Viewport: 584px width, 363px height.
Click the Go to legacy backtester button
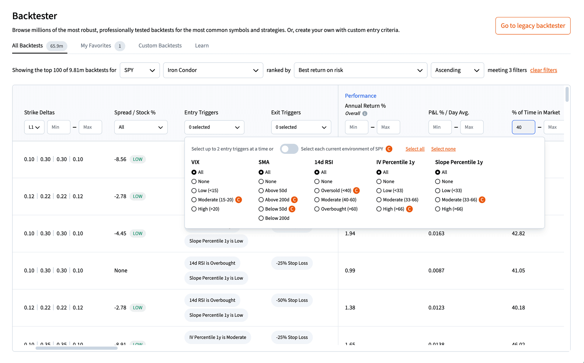533,26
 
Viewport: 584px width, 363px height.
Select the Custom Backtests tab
160,46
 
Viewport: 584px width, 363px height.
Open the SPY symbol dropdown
140,70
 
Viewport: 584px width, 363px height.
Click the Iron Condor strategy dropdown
213,70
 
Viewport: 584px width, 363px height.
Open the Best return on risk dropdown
360,70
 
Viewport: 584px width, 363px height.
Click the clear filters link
544,70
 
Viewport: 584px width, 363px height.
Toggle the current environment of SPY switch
289,149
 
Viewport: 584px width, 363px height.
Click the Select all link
415,149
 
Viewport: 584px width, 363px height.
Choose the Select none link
443,149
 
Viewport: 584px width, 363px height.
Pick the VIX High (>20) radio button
194,209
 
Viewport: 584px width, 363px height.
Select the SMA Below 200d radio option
261,218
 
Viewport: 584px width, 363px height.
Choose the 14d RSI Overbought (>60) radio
317,209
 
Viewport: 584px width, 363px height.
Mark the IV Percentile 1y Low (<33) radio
379,191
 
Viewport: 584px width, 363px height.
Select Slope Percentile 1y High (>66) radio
438,209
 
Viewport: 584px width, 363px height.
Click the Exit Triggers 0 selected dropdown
301,127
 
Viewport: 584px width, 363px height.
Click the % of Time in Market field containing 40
523,127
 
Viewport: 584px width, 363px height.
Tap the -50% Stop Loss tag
292,300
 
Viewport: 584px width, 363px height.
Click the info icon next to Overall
365,114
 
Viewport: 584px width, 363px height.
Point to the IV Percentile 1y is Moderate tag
217,337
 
